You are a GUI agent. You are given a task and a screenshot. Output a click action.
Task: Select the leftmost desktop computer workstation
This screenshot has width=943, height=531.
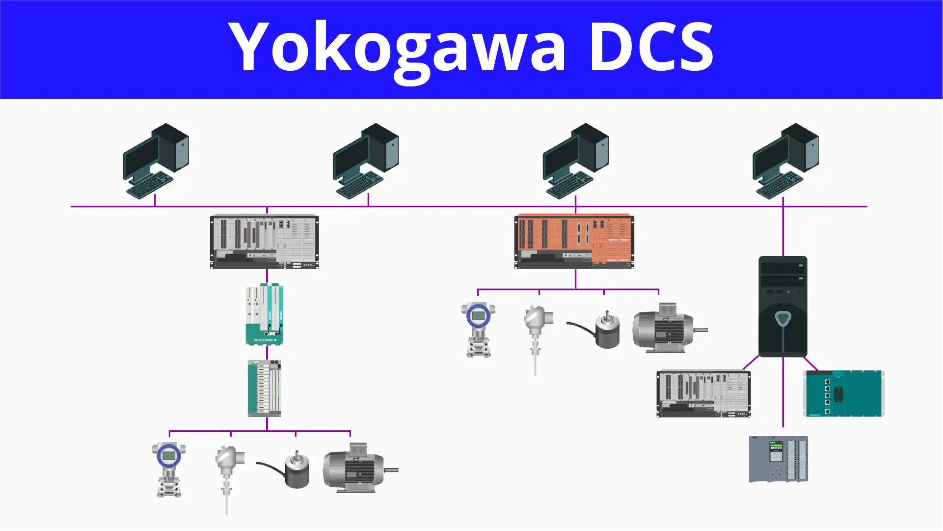(156, 161)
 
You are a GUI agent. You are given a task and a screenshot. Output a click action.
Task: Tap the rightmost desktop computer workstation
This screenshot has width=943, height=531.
(785, 161)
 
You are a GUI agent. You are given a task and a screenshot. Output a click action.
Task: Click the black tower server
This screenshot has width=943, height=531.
(782, 306)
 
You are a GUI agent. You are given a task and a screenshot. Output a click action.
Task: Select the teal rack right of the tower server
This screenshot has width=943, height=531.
(843, 393)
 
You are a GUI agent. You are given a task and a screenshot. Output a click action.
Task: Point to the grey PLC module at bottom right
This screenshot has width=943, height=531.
(778, 459)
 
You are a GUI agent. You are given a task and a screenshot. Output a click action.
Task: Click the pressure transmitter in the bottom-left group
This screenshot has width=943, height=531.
(169, 470)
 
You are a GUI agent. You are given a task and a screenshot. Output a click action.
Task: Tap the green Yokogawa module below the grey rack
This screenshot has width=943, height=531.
(265, 314)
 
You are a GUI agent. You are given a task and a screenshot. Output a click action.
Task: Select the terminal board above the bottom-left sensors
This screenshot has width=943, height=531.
(265, 388)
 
